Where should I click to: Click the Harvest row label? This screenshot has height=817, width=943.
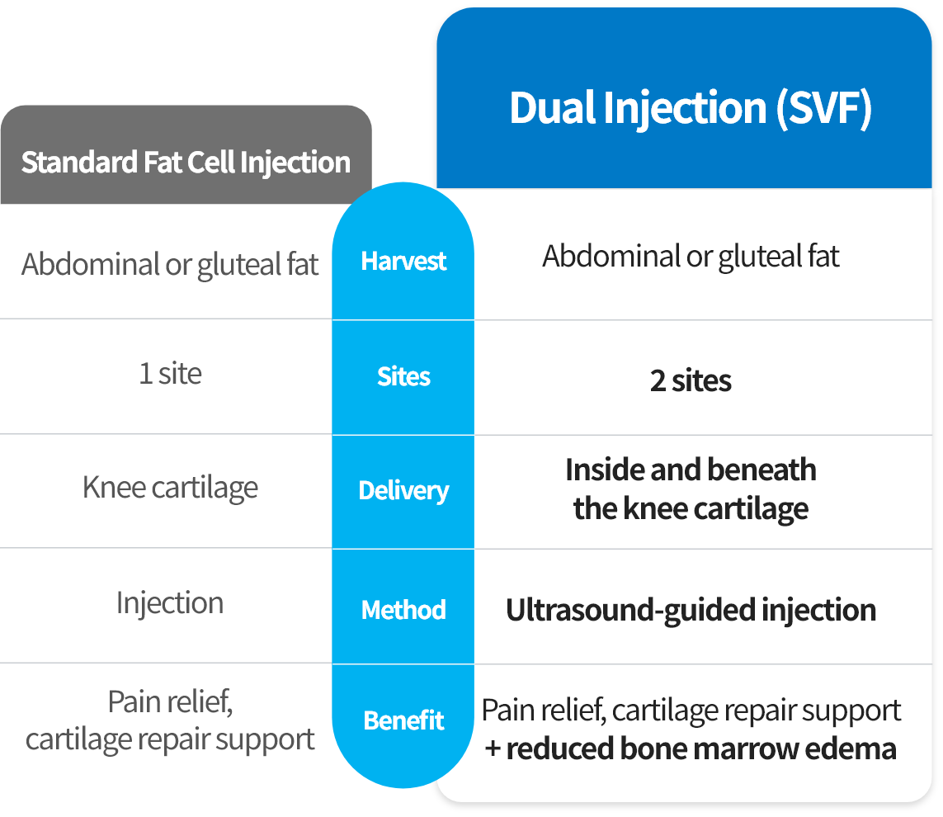(403, 261)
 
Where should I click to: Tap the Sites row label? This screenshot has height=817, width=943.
(403, 376)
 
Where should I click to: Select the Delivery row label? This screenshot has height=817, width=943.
(403, 491)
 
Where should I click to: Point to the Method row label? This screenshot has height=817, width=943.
(403, 610)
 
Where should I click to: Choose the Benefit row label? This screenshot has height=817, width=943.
(403, 720)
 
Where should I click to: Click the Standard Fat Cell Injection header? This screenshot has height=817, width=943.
(186, 163)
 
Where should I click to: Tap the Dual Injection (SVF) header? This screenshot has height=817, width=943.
(691, 108)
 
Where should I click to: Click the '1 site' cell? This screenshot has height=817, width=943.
(170, 374)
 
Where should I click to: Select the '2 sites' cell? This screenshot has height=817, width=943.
(691, 380)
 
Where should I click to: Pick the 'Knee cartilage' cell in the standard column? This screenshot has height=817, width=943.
(170, 488)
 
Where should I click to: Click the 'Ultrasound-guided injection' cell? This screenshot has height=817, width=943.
(691, 610)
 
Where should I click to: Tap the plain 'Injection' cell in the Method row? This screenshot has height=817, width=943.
(170, 602)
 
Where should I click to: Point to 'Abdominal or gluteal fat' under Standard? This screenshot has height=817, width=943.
(170, 265)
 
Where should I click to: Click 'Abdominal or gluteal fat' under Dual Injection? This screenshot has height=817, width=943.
(691, 257)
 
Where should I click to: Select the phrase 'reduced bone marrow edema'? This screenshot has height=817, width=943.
(701, 749)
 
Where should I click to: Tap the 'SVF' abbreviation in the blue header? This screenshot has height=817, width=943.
(824, 108)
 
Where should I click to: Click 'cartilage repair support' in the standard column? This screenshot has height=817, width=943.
(170, 739)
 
